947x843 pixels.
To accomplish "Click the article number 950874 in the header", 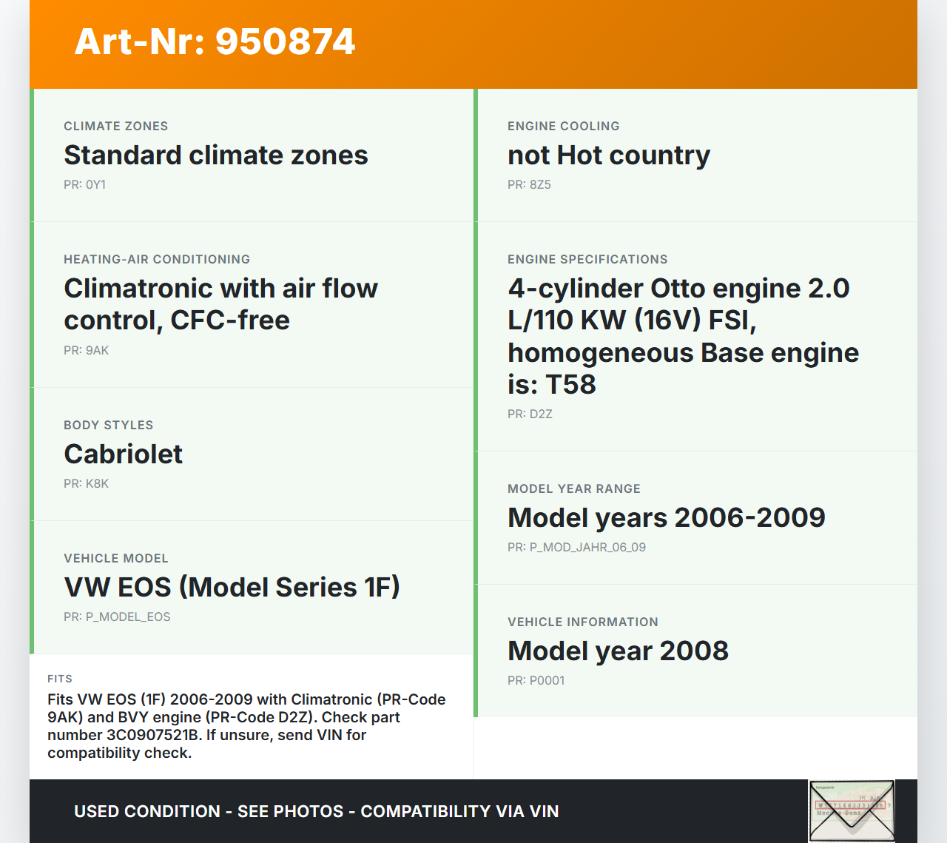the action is coord(285,41).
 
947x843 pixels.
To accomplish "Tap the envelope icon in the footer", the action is coord(852,810).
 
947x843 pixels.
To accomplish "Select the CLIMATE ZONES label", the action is coord(116,127).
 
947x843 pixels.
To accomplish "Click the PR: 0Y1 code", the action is coord(84,185).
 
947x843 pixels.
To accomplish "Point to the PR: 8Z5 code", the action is coord(529,185).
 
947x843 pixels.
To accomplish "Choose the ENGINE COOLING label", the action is coord(564,127).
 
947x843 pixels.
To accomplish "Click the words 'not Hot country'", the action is coord(609,155).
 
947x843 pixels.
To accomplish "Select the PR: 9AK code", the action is coord(87,351).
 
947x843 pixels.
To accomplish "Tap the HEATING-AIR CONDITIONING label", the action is coord(157,260).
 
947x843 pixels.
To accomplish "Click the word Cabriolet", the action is coord(124,454).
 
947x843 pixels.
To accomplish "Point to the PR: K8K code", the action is coord(87,484).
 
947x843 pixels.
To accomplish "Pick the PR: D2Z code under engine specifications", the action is coord(530,414).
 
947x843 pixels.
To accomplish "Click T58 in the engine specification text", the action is coord(570,384).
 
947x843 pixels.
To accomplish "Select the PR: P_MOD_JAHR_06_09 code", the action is coord(577,548).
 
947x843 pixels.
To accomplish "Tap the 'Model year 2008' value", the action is coord(618,651).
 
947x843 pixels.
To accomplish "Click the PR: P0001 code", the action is coord(536,681).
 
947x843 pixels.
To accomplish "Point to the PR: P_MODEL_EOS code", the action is coord(118,617).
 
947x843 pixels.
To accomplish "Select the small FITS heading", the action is coord(60,679).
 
